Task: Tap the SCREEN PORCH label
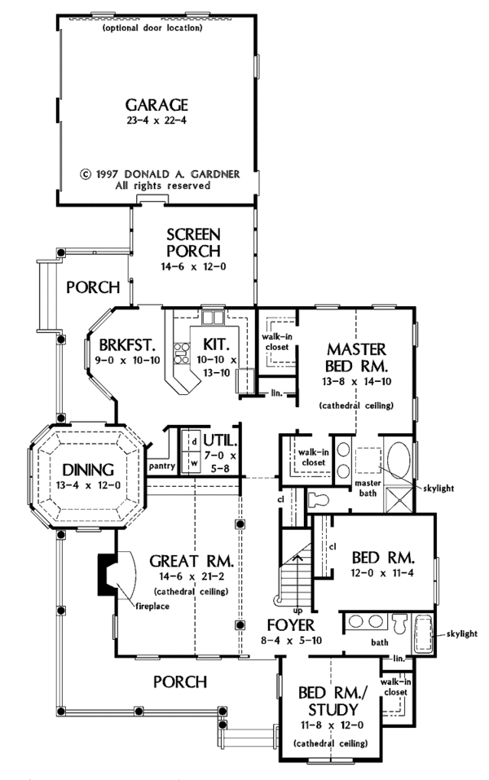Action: [x=193, y=243]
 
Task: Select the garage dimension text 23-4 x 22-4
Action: [x=156, y=121]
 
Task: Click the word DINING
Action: [x=88, y=470]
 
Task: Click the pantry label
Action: [x=162, y=466]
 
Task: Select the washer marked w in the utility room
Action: [x=194, y=462]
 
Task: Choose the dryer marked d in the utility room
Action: [x=194, y=440]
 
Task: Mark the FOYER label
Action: [x=290, y=624]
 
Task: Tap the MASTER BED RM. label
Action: [x=355, y=357]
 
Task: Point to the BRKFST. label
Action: [x=127, y=344]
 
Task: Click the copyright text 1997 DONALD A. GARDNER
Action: [x=160, y=174]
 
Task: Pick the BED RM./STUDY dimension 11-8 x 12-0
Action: [x=331, y=725]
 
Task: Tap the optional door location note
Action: [x=152, y=28]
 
